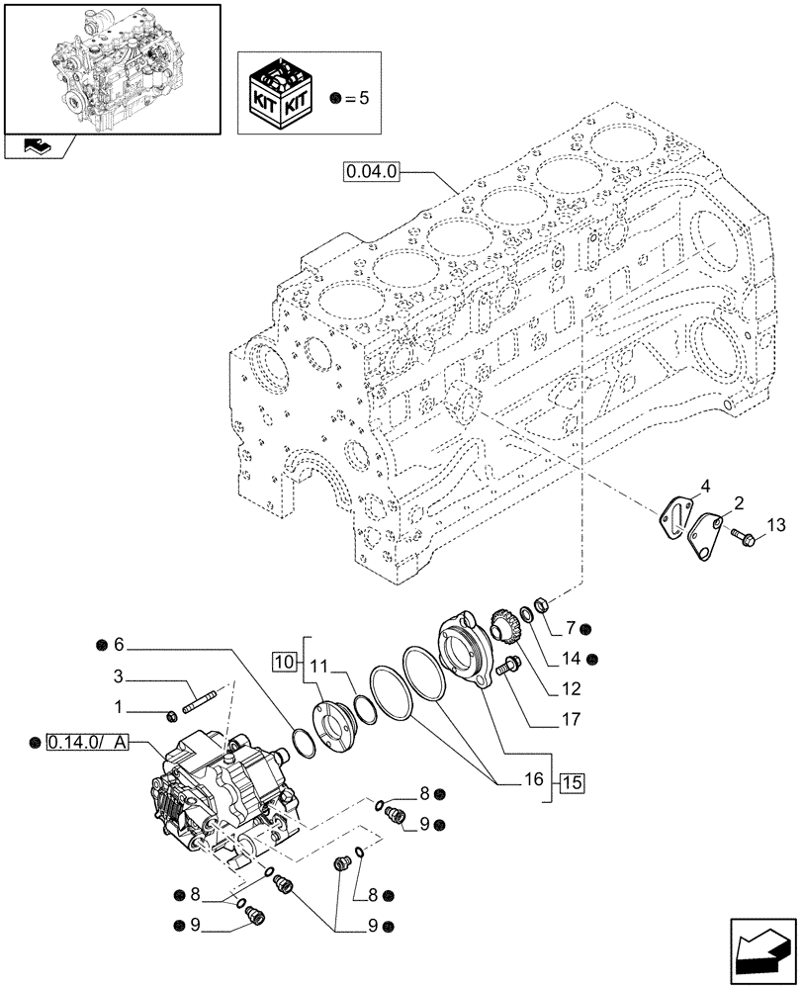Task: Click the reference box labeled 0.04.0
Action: click(372, 172)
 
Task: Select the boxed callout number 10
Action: click(283, 661)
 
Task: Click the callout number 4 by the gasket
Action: click(705, 486)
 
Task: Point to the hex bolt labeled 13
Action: click(743, 538)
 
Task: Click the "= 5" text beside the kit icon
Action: click(360, 97)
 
